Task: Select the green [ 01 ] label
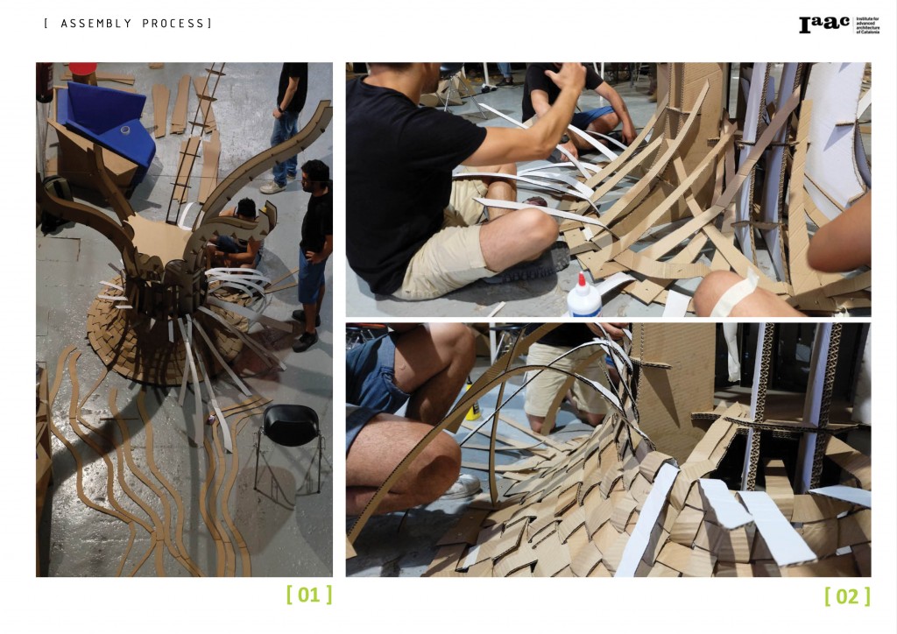(x=309, y=595)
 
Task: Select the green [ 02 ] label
(x=847, y=596)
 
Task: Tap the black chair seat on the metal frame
(x=290, y=425)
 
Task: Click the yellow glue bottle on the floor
(x=472, y=406)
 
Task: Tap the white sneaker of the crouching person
(x=462, y=487)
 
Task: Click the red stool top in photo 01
(x=83, y=67)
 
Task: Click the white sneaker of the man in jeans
(x=272, y=187)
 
